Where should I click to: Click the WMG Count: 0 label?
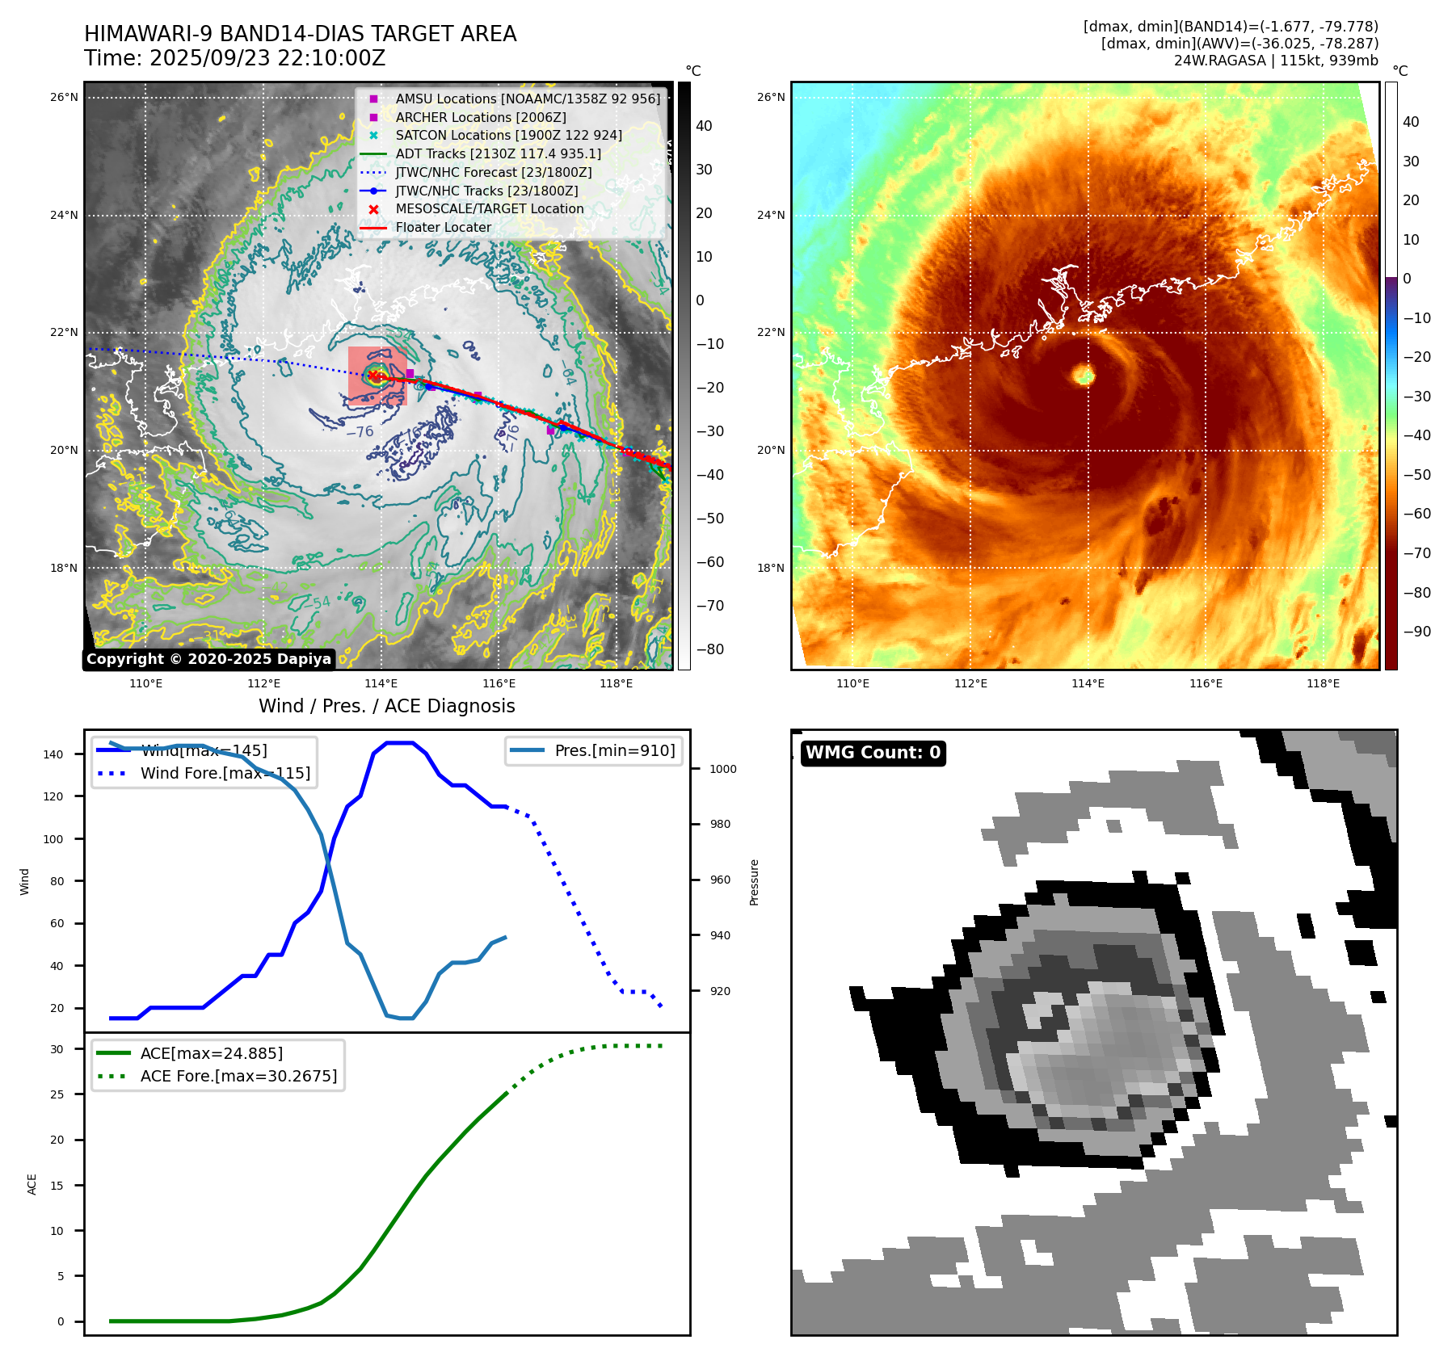tap(873, 753)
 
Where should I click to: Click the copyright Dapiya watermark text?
tap(208, 659)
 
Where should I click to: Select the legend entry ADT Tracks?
tap(498, 153)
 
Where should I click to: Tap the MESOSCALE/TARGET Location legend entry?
tap(489, 208)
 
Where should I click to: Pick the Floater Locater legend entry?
tap(443, 227)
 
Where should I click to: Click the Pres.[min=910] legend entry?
tap(614, 750)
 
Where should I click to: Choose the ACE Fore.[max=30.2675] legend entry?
tap(238, 1076)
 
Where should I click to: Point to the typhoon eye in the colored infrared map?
tap(1084, 374)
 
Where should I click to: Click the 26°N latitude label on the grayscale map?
tap(64, 98)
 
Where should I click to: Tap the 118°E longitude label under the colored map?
tap(1323, 684)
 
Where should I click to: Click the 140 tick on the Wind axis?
tap(53, 754)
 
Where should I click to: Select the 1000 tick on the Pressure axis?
tap(722, 769)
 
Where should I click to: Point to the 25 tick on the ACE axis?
tap(57, 1094)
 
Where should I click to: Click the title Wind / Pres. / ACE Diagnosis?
tap(386, 706)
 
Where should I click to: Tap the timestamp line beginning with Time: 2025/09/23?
tap(235, 58)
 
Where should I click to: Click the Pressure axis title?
tap(754, 882)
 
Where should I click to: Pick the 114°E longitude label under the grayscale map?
tap(381, 684)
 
